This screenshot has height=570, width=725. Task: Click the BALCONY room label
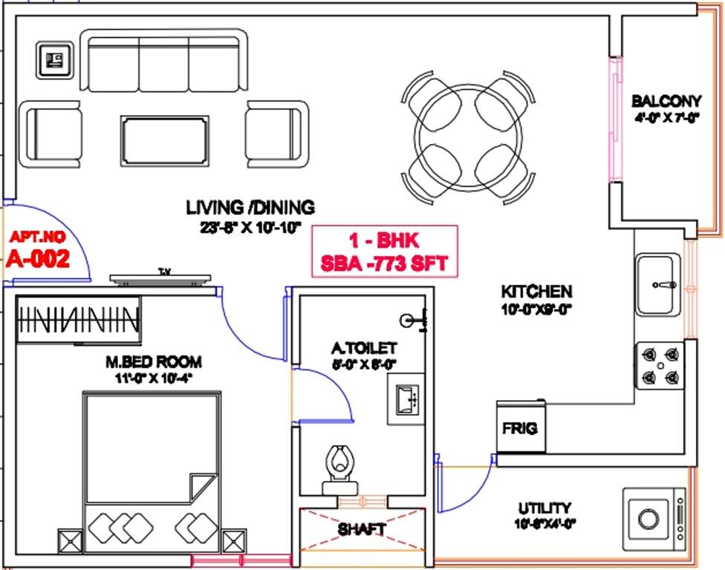click(x=666, y=101)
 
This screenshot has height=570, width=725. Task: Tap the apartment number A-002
click(x=38, y=259)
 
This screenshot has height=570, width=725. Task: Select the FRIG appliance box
click(x=520, y=428)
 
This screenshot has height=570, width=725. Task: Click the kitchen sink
click(x=657, y=284)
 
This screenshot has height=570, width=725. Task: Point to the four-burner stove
click(x=659, y=365)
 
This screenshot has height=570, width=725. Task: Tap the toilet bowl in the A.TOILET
click(x=339, y=464)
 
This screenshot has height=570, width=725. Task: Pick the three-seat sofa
click(x=163, y=62)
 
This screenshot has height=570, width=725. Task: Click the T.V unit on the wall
click(x=160, y=278)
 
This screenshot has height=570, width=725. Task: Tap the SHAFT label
click(x=362, y=529)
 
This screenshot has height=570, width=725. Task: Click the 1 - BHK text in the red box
click(x=384, y=240)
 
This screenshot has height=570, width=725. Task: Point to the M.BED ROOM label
click(x=153, y=362)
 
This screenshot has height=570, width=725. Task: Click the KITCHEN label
click(x=536, y=291)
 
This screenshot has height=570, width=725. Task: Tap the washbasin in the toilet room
click(x=405, y=399)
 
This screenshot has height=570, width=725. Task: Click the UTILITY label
click(x=544, y=508)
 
